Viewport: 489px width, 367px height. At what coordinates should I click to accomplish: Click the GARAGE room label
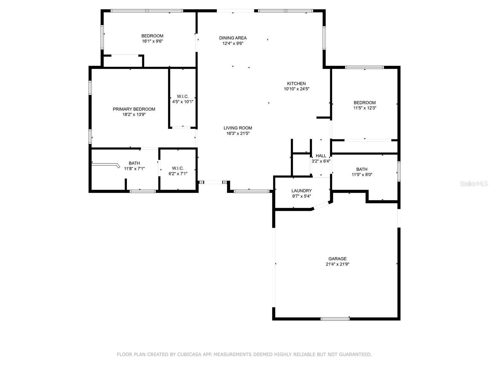click(337, 259)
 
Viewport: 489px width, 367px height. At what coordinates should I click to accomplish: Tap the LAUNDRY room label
click(301, 191)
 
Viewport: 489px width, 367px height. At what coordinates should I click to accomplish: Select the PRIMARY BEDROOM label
click(134, 109)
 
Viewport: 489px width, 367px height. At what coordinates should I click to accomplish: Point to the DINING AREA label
click(233, 38)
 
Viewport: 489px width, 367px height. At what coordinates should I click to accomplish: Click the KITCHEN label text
click(296, 83)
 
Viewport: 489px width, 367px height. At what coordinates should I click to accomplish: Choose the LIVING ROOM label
click(238, 128)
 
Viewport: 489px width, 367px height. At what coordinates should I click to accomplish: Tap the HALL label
click(321, 156)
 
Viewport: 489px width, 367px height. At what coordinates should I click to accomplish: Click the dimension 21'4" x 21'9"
click(337, 264)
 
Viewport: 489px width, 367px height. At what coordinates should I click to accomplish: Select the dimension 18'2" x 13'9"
click(134, 114)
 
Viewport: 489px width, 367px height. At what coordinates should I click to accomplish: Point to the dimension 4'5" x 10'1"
click(183, 102)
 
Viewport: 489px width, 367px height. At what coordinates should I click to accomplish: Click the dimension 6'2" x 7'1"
click(178, 174)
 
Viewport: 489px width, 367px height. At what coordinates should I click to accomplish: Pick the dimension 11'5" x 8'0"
click(362, 175)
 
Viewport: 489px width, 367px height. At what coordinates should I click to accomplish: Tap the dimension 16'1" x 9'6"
click(153, 41)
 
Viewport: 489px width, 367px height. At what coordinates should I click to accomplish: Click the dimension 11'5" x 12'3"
click(365, 108)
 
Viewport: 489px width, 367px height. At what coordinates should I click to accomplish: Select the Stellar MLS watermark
click(474, 184)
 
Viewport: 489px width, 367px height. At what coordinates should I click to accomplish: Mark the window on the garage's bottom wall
click(335, 319)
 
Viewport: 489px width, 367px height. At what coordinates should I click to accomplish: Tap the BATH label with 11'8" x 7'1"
click(134, 163)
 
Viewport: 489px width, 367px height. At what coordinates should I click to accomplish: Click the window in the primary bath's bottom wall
click(143, 191)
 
